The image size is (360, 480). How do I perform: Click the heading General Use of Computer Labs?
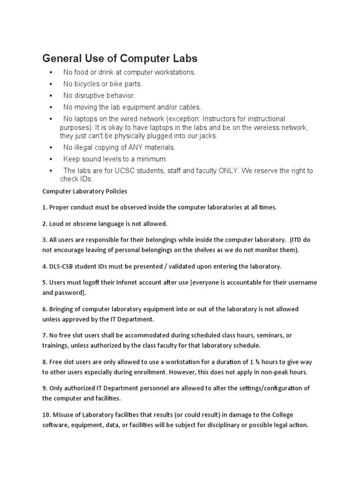coord(120,59)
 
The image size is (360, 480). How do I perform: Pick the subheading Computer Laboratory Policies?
coord(85,191)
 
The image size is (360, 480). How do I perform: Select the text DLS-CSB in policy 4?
coord(60,266)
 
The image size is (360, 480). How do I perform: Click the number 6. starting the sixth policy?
coord(45,309)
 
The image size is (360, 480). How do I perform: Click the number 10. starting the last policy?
coord(46,414)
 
